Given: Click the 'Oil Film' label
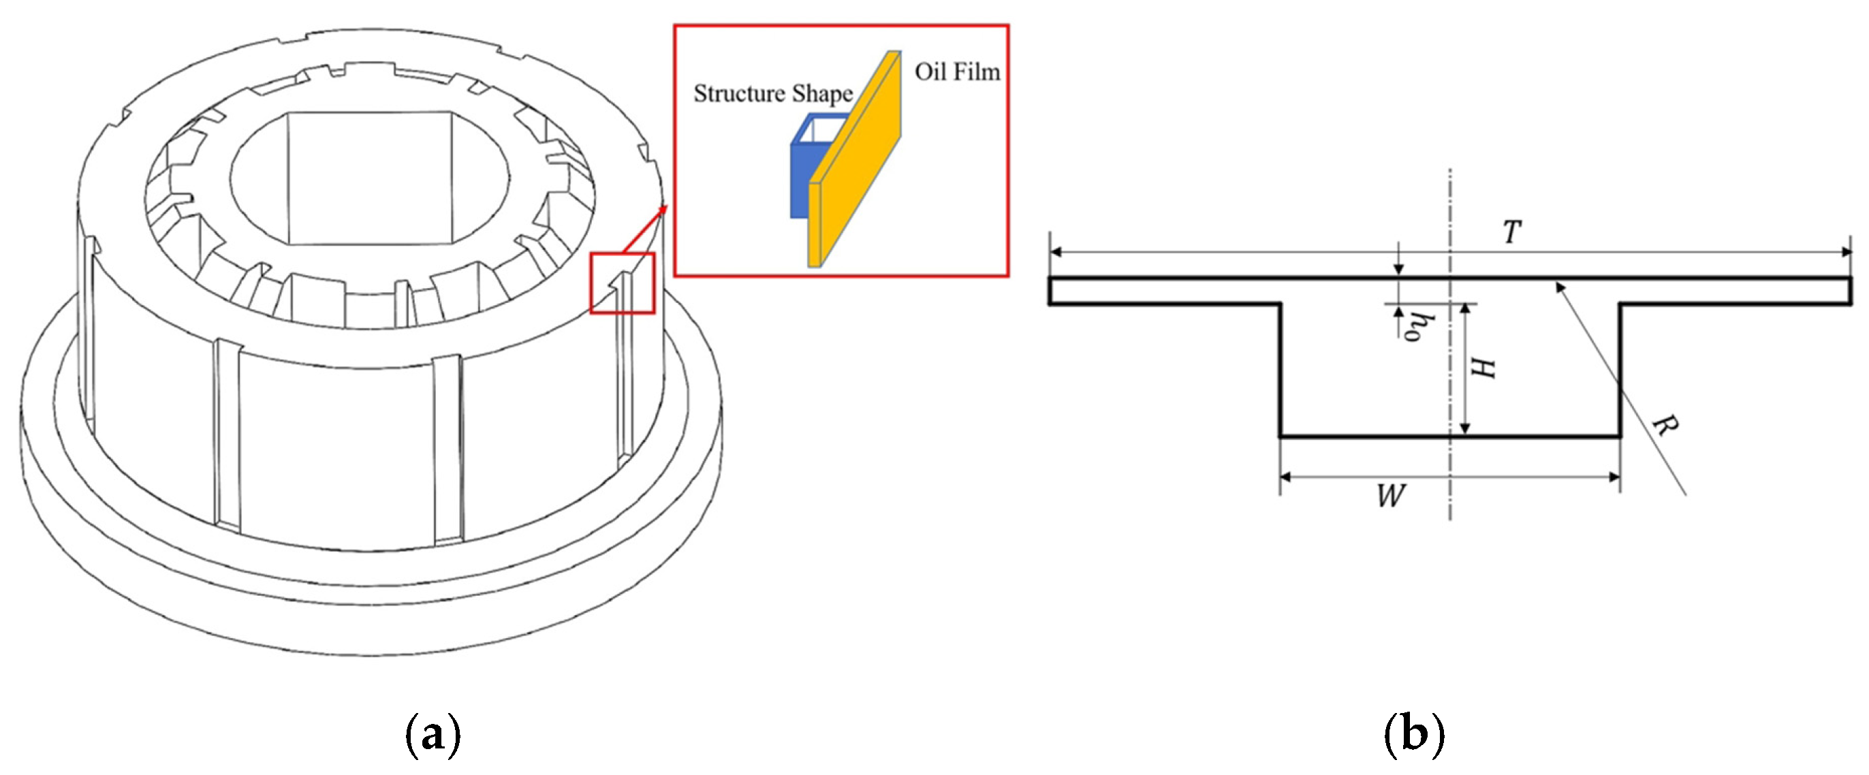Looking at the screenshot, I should [x=956, y=72].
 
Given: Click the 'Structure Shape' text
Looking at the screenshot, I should [x=772, y=93].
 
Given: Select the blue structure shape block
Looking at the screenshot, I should [x=800, y=180].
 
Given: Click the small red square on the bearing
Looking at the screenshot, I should [x=622, y=283].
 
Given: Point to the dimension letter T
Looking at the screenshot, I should [x=1511, y=232].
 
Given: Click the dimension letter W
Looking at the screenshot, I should [x=1390, y=496].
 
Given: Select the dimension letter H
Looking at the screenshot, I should [x=1482, y=368].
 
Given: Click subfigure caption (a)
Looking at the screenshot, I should [x=433, y=734].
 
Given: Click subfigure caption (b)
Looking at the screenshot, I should [x=1414, y=734].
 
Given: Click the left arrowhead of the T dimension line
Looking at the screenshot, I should [x=1056, y=252].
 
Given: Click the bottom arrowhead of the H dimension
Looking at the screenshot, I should [x=1465, y=430].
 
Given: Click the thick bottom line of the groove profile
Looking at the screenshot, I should [x=1379, y=436].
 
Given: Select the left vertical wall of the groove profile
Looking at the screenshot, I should [x=1281, y=370].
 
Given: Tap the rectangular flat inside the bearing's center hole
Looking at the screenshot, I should [x=370, y=178].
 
